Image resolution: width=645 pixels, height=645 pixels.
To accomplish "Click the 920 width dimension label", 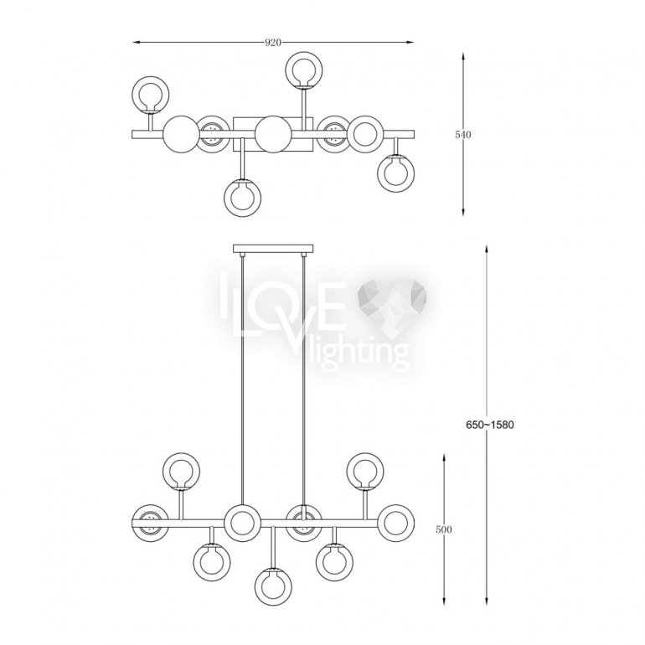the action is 273,43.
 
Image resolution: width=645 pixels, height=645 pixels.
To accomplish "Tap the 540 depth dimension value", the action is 462,135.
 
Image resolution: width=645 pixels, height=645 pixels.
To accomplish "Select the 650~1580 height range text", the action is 489,425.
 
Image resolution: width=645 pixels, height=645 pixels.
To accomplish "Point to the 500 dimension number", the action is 443,529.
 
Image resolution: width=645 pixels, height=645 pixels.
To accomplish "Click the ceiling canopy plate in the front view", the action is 273,249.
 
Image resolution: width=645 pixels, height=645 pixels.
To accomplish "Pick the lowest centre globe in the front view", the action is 273,586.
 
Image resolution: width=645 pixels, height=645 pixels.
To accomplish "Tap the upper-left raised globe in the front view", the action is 182,472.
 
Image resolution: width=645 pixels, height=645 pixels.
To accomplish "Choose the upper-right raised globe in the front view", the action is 365,472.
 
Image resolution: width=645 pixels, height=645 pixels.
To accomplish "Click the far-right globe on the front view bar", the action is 395,523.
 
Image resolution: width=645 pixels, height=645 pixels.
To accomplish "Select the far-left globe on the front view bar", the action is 150,523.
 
